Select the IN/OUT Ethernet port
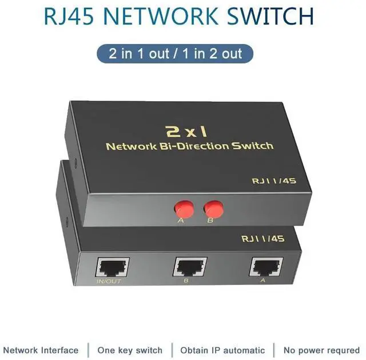pos(113,267)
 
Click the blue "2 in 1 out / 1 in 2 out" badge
pos(176,54)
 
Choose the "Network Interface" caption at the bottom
pos(41,350)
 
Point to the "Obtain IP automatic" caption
pos(222,350)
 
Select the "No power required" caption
pos(321,350)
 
